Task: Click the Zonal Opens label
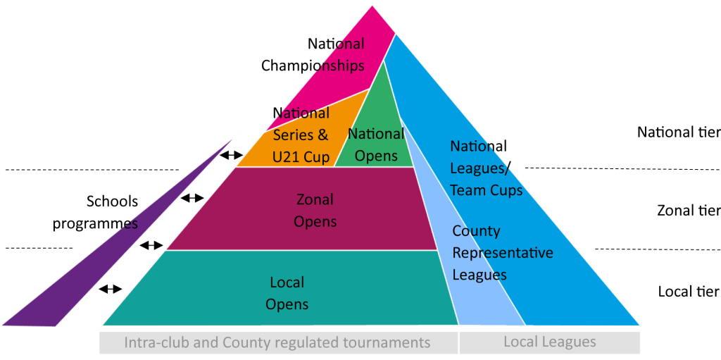[315, 211]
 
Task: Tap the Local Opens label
[287, 293]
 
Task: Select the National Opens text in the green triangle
[376, 144]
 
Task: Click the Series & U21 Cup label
[301, 146]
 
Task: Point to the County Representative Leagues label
[502, 252]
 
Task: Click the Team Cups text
[486, 190]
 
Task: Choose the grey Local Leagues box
[549, 342]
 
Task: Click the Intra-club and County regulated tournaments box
[278, 343]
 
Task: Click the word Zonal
[315, 200]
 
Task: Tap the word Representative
[502, 253]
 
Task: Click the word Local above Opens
[287, 283]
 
